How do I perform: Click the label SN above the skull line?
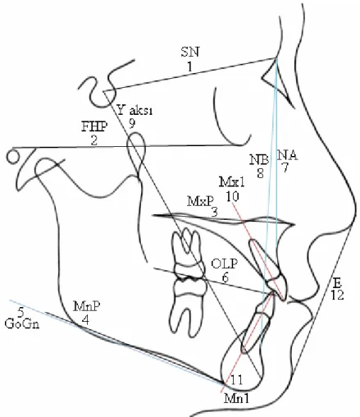[190, 52]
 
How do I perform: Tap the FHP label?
[94, 126]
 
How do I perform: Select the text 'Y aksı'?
[134, 110]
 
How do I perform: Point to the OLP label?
[224, 264]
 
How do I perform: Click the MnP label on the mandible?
[86, 306]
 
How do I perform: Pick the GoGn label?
[22, 324]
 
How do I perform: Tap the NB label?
[259, 160]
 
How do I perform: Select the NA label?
[287, 156]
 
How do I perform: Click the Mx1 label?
[232, 182]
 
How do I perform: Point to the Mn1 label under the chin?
[237, 399]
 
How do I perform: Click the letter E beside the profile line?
[337, 282]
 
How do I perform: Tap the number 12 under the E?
[337, 295]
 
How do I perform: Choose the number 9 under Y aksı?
[132, 124]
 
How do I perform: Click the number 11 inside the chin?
[237, 380]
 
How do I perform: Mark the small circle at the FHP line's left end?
[13, 157]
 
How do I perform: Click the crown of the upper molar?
[189, 269]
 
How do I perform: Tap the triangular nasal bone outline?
[277, 82]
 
